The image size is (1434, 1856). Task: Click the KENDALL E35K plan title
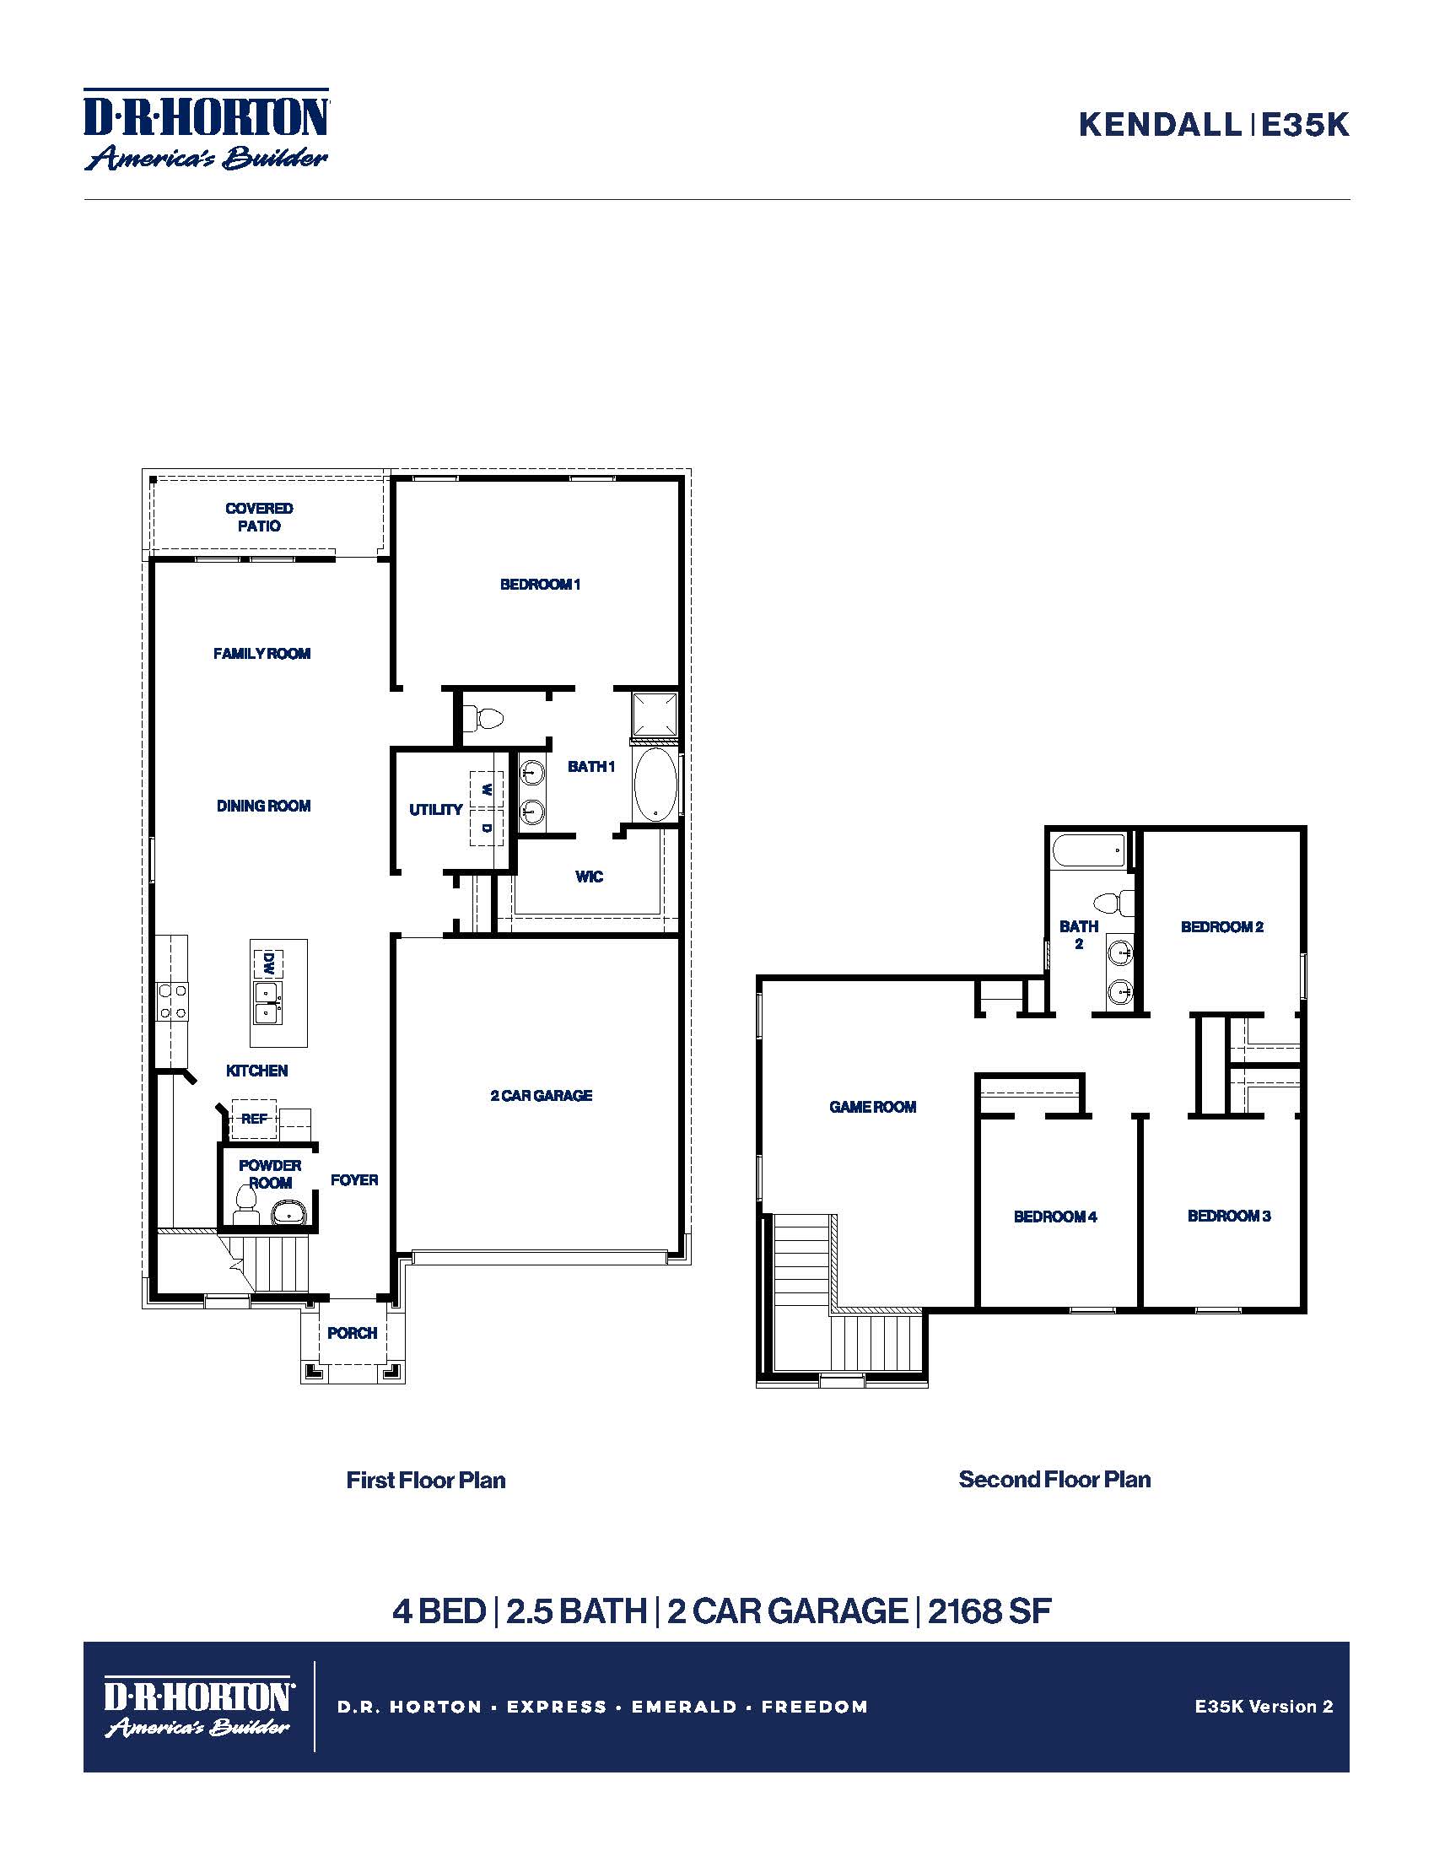[1213, 125]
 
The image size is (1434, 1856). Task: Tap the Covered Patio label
[259, 516]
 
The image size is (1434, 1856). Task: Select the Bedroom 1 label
[540, 584]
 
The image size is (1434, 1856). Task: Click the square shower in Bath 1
[655, 714]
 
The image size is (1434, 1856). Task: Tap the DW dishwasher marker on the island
[267, 963]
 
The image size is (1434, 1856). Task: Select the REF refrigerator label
[254, 1119]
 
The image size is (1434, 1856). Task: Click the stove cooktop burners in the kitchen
[172, 1001]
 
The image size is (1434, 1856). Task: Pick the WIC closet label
[589, 877]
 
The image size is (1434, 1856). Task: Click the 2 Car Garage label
[542, 1095]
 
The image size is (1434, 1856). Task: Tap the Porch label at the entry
[352, 1332]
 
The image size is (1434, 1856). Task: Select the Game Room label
[872, 1107]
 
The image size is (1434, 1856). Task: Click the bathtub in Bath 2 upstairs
[1089, 850]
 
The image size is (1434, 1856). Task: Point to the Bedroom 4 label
[1055, 1216]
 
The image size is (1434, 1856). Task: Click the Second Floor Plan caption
[1054, 1479]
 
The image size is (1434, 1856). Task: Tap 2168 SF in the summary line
[989, 1611]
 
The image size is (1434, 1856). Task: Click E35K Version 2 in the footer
[1264, 1706]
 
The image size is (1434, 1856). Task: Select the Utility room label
[436, 809]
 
